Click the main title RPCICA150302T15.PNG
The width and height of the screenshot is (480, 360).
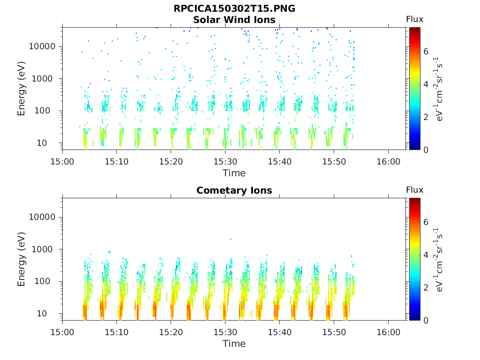(x=234, y=9)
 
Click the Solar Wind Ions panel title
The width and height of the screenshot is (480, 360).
(x=234, y=20)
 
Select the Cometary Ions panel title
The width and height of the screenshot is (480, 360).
(x=234, y=190)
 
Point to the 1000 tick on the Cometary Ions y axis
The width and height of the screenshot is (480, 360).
(x=46, y=249)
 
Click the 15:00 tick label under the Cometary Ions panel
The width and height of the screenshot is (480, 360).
(x=62, y=332)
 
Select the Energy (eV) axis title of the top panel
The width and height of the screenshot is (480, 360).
(x=22, y=89)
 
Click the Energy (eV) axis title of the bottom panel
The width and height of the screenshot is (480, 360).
(x=22, y=259)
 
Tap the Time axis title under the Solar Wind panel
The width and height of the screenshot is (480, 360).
(x=234, y=173)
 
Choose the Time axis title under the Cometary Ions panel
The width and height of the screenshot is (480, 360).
(x=234, y=344)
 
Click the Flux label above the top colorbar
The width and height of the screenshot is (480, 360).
(x=414, y=19)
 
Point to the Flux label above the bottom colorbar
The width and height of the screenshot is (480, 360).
(x=414, y=190)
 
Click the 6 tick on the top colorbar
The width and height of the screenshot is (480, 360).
(x=426, y=52)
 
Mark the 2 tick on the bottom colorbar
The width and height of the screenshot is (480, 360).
(x=426, y=287)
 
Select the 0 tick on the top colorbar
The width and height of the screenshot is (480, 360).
(x=426, y=150)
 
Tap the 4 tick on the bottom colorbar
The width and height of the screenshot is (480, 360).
(x=426, y=255)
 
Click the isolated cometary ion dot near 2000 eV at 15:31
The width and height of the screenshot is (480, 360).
(x=231, y=239)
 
